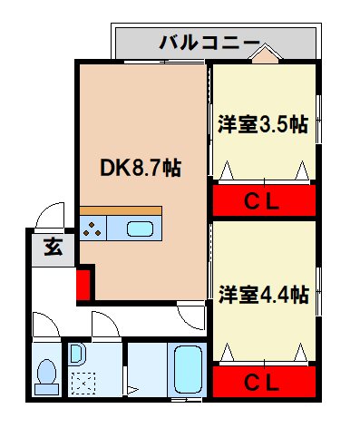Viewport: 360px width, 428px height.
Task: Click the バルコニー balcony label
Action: [209, 42]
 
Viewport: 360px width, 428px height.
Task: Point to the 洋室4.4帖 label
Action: [263, 295]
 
